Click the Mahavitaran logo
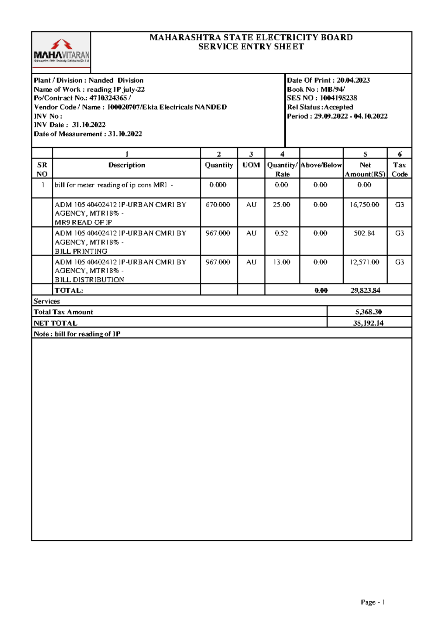click(61, 53)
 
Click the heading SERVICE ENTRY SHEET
click(251, 47)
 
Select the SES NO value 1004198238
click(338, 98)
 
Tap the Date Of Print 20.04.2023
click(353, 80)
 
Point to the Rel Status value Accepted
click(339, 107)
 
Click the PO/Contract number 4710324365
click(109, 98)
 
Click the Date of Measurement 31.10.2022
click(125, 134)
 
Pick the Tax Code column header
click(399, 169)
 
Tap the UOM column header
click(251, 165)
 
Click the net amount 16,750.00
click(364, 205)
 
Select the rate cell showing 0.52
click(281, 233)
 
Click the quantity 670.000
click(218, 205)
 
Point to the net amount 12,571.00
click(364, 262)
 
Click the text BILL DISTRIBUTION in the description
click(89, 280)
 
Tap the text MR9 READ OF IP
click(83, 222)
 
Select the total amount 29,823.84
click(365, 290)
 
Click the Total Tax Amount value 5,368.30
click(368, 312)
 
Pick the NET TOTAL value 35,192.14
click(368, 323)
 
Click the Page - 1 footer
click(373, 602)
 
